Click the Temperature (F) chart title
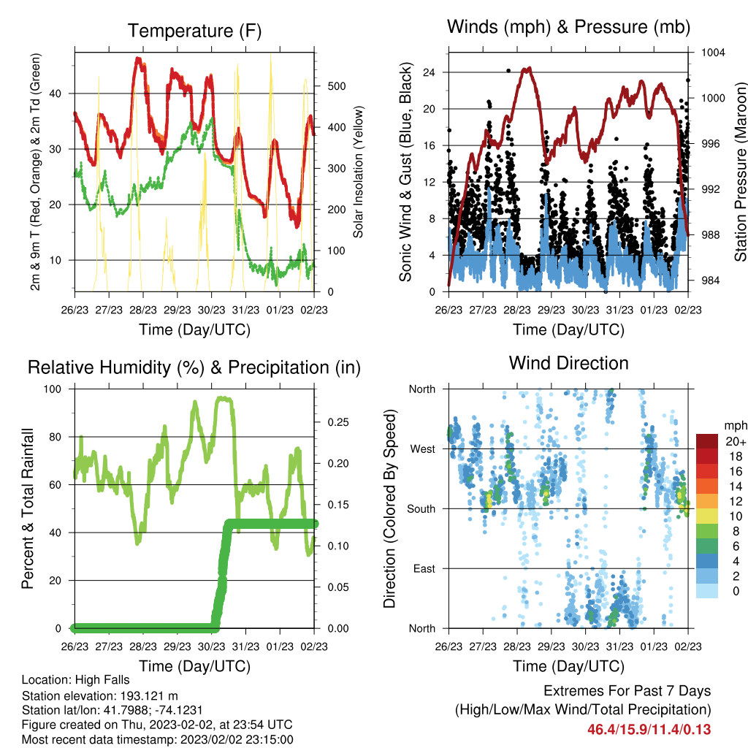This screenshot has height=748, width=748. pyautogui.click(x=194, y=31)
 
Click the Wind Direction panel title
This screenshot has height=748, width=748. pyautogui.click(x=568, y=363)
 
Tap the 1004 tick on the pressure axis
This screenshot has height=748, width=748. pyautogui.click(x=713, y=53)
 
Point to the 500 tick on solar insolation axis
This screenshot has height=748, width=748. pyautogui.click(x=337, y=86)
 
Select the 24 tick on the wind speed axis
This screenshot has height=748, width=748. pyautogui.click(x=429, y=72)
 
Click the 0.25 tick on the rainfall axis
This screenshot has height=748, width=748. pyautogui.click(x=338, y=422)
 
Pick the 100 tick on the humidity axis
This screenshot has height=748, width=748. pyautogui.click(x=53, y=389)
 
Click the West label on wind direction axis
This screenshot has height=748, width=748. pyautogui.click(x=423, y=449)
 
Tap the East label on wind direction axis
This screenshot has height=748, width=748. pyautogui.click(x=424, y=568)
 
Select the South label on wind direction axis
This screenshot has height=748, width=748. pyautogui.click(x=421, y=509)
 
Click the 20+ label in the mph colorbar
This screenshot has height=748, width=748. pyautogui.click(x=736, y=442)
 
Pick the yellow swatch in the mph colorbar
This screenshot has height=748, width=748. pyautogui.click(x=707, y=516)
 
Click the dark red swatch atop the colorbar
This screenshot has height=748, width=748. pyautogui.click(x=707, y=441)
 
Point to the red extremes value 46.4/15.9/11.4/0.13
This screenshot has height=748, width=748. pyautogui.click(x=649, y=730)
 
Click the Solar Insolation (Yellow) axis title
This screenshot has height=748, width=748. pyautogui.click(x=358, y=172)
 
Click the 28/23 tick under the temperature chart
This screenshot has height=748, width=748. pyautogui.click(x=143, y=310)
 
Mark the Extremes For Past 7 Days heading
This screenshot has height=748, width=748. pyautogui.click(x=627, y=691)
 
